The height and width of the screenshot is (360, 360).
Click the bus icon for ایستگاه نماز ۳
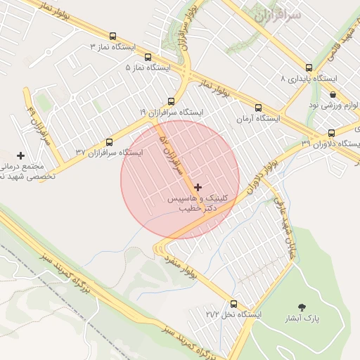113,36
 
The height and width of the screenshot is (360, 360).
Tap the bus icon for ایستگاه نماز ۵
148,57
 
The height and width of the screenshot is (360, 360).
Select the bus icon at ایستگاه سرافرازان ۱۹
171,101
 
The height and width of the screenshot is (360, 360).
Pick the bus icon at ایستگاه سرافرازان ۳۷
108,141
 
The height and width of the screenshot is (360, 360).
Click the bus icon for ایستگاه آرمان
258,108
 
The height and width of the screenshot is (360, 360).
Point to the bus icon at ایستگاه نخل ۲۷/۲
233,304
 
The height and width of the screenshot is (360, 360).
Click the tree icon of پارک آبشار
302,307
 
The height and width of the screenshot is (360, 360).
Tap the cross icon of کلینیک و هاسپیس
198,187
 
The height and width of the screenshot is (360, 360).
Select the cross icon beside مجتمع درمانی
21,155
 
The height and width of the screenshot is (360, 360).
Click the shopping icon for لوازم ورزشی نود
332,94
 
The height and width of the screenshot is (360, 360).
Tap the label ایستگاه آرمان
258,120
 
